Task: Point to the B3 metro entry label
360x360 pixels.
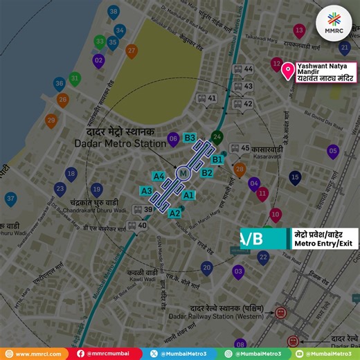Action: pos(190,138)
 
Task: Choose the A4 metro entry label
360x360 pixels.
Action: pos(159,176)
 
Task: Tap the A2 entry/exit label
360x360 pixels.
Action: pos(175,213)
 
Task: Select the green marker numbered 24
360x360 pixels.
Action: pos(217,136)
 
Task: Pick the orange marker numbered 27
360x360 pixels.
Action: pos(132,50)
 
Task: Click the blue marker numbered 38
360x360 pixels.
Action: pos(114,12)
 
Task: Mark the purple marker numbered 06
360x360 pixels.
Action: pos(172,138)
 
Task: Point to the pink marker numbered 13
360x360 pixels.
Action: pos(299,30)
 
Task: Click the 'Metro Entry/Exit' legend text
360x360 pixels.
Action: pos(321,243)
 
